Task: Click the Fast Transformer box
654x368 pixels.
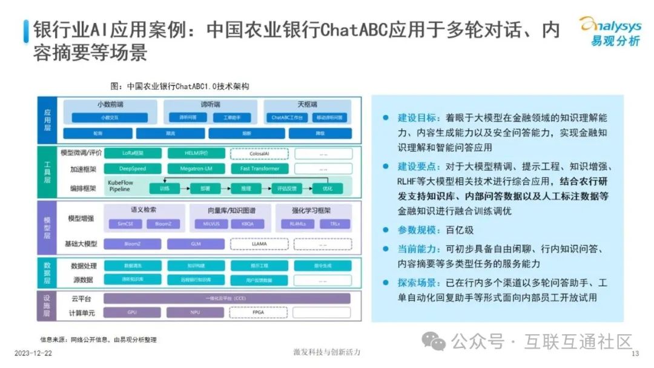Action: (x=259, y=169)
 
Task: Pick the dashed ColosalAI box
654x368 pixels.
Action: (x=259, y=154)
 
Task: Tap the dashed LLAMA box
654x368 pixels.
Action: (x=259, y=244)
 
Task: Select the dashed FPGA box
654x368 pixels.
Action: (x=259, y=313)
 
